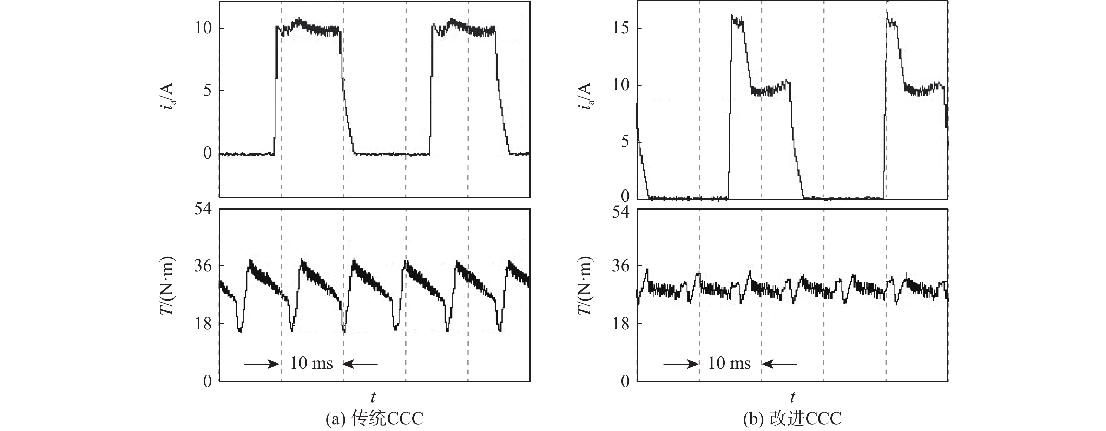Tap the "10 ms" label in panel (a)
point(312,364)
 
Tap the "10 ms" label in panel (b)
point(729,364)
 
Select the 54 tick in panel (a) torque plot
point(203,210)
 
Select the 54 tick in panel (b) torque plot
point(621,212)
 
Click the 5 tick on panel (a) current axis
point(208,91)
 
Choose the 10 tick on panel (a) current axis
point(203,29)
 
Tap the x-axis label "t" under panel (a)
point(373,396)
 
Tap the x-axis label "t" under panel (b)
point(792,396)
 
